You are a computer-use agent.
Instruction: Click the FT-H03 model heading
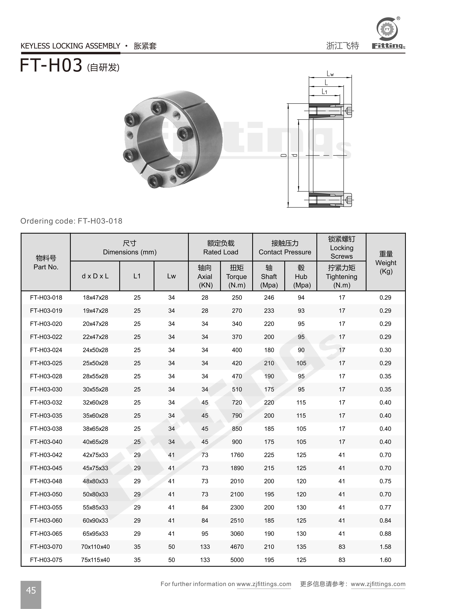[51, 66]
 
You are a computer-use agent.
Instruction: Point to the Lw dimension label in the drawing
[330, 74]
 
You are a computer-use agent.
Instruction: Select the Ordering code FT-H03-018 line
[71, 221]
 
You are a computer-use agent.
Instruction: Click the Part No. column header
[46, 262]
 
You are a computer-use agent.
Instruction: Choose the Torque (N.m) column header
[237, 276]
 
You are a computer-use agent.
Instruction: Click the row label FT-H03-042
[46, 455]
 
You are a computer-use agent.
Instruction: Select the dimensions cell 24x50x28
[95, 350]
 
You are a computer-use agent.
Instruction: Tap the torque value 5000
[237, 560]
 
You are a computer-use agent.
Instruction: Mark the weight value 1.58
[385, 547]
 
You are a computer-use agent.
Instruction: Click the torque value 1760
[237, 455]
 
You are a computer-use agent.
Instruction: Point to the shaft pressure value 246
[269, 297]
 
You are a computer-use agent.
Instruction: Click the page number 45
[31, 590]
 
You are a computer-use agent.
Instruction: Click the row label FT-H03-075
[46, 560]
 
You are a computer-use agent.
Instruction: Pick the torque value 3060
[237, 533]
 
